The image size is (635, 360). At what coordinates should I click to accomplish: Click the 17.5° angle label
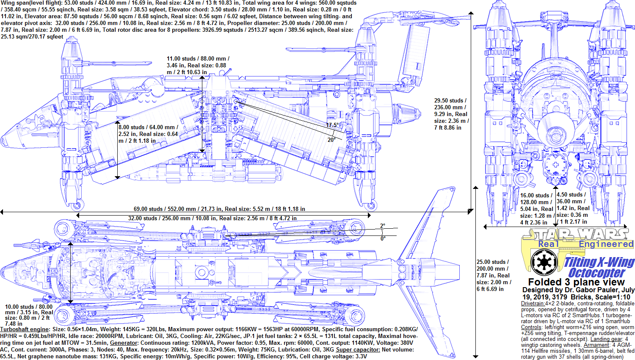coord(333,125)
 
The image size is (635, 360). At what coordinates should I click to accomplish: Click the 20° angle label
coord(331,140)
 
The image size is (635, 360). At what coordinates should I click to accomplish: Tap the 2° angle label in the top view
coord(382,226)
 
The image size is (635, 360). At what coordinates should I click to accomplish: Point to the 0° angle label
coord(383,238)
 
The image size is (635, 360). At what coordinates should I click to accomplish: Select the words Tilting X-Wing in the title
coord(599,262)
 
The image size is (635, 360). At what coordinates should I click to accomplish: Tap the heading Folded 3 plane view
coord(576,282)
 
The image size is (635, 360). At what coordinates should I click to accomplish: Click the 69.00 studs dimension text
coord(219,209)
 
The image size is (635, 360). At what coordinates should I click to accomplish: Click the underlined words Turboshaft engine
coord(25,329)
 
